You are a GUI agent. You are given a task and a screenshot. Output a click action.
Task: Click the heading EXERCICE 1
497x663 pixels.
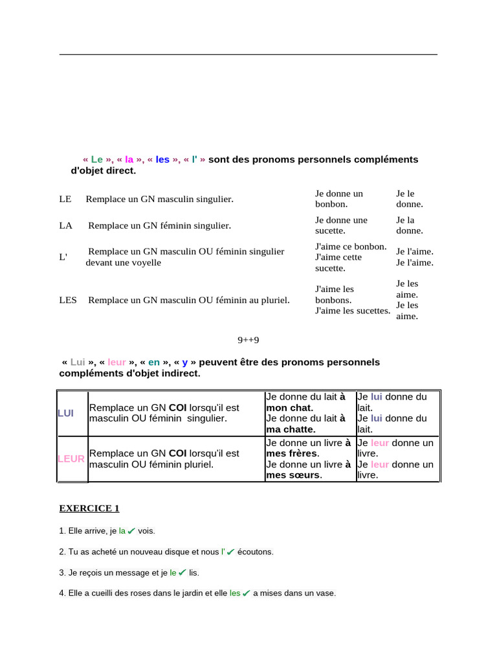tap(89, 508)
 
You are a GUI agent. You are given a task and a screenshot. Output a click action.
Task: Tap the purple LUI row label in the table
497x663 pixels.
tap(65, 413)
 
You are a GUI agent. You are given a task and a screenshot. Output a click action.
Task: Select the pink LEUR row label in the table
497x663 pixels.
tap(71, 458)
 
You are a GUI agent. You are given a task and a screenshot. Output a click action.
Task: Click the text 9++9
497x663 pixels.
tap(248, 339)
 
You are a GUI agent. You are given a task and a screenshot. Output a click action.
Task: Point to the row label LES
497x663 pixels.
tap(68, 300)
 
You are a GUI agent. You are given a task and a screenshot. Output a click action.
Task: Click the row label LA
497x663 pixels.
tap(65, 225)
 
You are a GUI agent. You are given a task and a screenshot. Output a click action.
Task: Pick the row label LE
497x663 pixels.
tap(65, 199)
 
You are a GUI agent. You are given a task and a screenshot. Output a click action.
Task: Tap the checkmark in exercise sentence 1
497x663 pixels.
tap(131, 531)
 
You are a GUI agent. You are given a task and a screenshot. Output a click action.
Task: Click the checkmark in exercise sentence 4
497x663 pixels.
tap(246, 594)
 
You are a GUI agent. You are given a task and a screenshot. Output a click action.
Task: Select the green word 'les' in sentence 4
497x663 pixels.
tap(235, 594)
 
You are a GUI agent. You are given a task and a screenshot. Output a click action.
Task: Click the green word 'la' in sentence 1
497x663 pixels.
tap(122, 531)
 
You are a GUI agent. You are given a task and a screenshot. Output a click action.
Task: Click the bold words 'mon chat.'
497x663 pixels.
tap(289, 408)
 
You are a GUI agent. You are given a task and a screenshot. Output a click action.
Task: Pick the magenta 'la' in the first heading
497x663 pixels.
tap(129, 159)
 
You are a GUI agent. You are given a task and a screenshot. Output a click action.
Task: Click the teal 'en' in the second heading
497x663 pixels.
tap(154, 362)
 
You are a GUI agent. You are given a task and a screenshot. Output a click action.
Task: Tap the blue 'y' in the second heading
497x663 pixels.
tap(184, 362)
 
